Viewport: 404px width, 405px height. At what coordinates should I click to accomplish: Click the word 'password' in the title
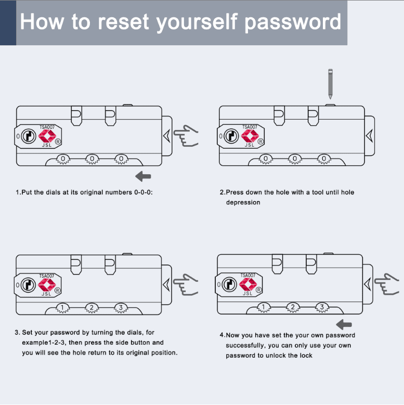[293, 22]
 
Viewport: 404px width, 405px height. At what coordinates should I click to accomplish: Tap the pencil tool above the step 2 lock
[330, 83]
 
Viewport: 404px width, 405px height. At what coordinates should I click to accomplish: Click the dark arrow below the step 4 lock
[344, 325]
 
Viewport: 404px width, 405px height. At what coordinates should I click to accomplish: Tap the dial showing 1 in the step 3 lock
[62, 308]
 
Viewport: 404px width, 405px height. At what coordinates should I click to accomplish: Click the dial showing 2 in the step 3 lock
[92, 308]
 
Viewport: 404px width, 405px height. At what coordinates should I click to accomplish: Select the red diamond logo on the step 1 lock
[47, 137]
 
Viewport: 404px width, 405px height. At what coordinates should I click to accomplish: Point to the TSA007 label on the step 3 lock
[47, 276]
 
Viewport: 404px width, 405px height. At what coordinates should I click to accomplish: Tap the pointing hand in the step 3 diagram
[186, 285]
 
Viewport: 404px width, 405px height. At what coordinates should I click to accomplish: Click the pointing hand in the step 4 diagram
[387, 284]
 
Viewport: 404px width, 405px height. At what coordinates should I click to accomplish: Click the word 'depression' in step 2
[243, 202]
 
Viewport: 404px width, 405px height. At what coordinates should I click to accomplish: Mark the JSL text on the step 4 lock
[248, 293]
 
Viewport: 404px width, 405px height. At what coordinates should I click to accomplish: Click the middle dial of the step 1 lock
[92, 159]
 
